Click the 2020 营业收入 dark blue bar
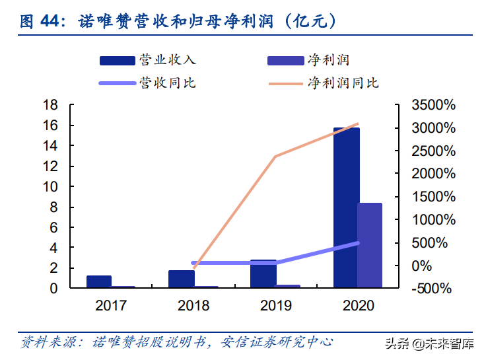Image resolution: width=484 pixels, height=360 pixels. coord(346,207)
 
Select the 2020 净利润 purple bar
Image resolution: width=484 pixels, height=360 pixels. coord(370,245)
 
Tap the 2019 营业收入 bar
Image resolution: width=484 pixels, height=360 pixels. coord(263,274)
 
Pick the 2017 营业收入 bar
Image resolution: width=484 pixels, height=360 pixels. coord(99,281)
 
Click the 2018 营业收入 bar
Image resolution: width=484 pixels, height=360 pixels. coord(181,279)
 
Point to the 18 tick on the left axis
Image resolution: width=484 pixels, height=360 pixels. coord(50,105)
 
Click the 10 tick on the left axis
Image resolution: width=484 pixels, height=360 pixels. coord(50,187)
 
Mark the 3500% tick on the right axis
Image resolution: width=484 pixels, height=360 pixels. coord(432,105)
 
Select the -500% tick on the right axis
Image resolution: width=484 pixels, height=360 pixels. coord(432,289)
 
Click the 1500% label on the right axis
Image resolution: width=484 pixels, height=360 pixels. coord(432,197)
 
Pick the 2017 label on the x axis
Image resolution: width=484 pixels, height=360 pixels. coord(112,306)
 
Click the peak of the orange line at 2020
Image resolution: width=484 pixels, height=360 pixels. coord(358,124)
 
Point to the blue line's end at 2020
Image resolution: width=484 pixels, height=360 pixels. coord(358,243)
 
